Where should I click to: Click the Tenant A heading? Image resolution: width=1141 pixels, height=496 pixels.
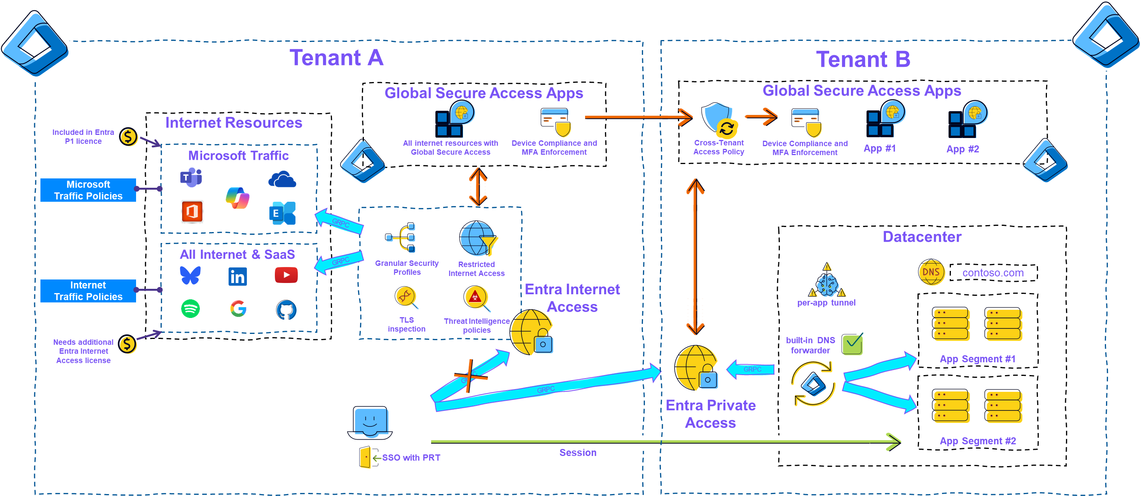point(336,58)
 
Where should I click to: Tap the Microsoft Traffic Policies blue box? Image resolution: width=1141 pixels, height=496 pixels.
point(88,190)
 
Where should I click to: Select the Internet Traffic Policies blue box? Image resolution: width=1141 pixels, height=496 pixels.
point(88,291)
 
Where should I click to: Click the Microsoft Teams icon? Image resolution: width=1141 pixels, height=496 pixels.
point(191,178)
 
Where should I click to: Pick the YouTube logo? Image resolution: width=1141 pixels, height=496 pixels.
point(286,275)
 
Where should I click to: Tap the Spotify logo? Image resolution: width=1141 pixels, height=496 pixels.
point(190,309)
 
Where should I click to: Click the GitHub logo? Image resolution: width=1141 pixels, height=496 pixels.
point(287,310)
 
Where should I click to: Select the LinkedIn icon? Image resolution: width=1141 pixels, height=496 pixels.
point(238,277)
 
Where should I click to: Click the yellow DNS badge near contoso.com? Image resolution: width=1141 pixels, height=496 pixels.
point(931,272)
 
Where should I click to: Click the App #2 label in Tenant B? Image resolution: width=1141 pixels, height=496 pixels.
point(963,149)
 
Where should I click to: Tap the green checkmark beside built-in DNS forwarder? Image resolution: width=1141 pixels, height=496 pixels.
point(853,344)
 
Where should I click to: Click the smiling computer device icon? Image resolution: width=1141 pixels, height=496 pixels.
point(371,422)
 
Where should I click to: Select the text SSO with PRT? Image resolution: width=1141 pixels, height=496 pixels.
point(411,458)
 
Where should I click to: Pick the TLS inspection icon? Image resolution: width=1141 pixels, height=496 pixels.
point(406,297)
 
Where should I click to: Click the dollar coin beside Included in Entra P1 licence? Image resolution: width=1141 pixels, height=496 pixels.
point(129,137)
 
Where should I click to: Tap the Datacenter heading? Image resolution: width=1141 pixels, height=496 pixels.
point(922,237)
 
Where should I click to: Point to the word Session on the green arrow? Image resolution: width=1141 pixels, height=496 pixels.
point(578,452)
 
